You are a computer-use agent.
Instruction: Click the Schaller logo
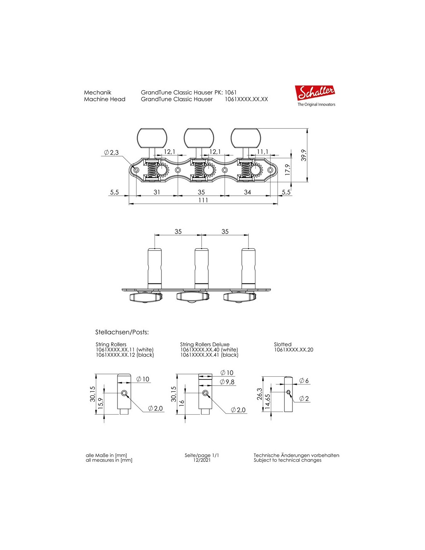click(315, 93)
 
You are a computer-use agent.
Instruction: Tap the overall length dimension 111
click(203, 200)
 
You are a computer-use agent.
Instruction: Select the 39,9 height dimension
click(304, 155)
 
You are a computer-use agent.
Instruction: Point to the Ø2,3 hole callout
click(111, 152)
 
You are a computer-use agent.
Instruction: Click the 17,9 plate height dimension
click(287, 169)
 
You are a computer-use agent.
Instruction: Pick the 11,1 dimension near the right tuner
click(262, 152)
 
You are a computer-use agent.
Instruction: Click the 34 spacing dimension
click(247, 192)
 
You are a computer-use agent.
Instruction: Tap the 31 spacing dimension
click(156, 192)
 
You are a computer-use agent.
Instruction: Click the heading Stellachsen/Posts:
click(122, 332)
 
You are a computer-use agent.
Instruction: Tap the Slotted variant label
click(283, 344)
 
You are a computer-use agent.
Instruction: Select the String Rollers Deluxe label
click(205, 344)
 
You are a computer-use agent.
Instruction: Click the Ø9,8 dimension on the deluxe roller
click(227, 382)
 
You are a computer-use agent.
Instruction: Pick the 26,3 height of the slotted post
click(260, 394)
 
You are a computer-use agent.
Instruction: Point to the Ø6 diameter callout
click(304, 381)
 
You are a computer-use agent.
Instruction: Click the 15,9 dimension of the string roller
click(100, 403)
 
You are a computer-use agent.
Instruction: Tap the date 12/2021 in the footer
click(202, 460)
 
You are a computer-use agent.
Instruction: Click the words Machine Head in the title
click(105, 99)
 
